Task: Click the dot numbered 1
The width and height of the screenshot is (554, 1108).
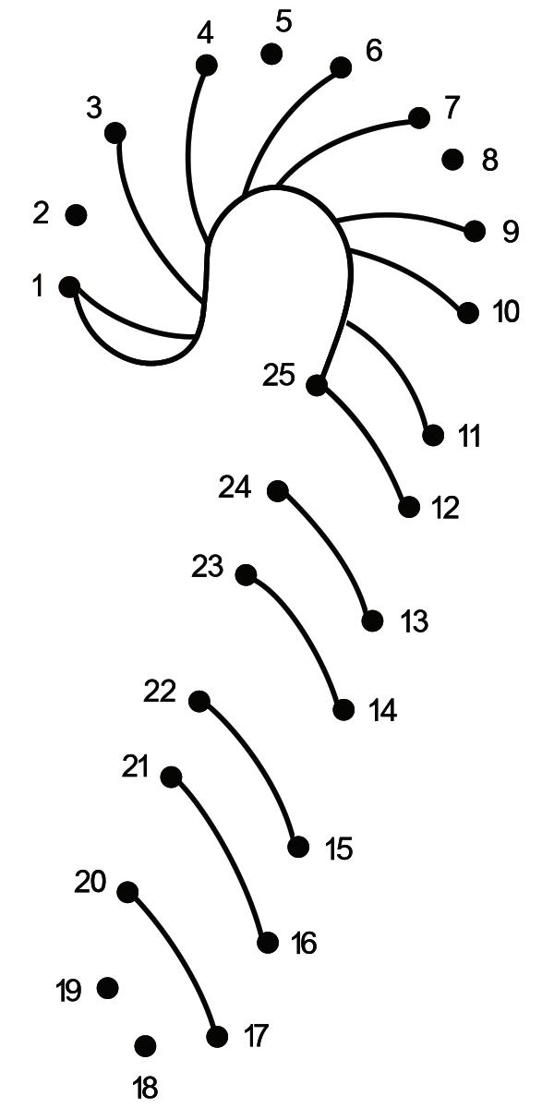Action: click(69, 286)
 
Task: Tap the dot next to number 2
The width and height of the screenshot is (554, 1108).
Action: click(76, 215)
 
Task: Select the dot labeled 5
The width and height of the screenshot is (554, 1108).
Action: click(271, 54)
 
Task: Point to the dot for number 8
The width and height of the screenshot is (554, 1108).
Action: click(452, 160)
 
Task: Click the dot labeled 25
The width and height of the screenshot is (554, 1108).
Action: click(317, 385)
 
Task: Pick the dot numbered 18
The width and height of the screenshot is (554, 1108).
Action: click(145, 1046)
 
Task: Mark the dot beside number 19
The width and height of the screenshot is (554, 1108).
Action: click(108, 988)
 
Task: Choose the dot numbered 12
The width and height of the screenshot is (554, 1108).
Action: click(409, 507)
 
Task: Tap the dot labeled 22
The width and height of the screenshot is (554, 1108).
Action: click(199, 701)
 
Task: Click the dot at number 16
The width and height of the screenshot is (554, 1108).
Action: click(268, 943)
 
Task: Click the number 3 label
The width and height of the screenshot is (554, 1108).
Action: click(93, 108)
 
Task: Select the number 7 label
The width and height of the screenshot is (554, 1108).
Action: click(451, 108)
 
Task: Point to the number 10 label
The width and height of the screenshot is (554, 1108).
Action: click(506, 312)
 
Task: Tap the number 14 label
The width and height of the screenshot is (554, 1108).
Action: click(382, 711)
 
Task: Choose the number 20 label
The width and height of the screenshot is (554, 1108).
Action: click(90, 883)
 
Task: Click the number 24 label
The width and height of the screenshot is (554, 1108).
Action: click(235, 487)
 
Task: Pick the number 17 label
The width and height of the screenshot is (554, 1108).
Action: click(256, 1036)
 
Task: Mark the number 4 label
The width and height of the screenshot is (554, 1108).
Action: click(205, 33)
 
